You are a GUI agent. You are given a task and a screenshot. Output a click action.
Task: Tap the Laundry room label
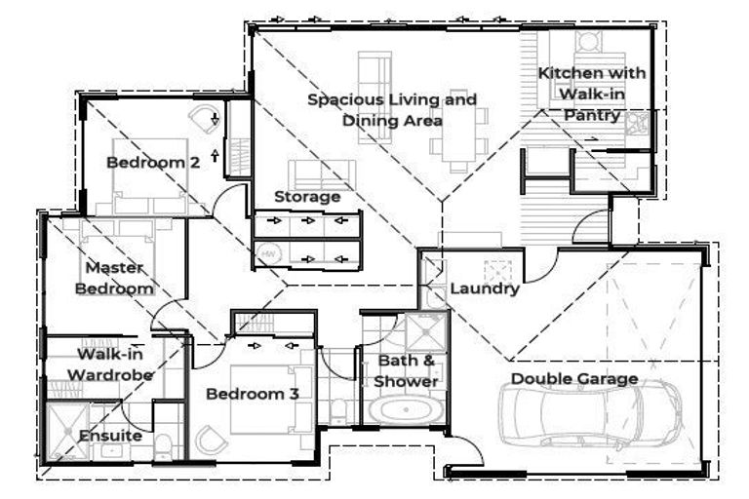(485, 288)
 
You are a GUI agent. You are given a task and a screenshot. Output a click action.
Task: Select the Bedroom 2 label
(153, 163)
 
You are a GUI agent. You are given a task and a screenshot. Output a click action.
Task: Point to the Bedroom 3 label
(252, 394)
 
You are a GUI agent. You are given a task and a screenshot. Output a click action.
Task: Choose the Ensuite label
(110, 436)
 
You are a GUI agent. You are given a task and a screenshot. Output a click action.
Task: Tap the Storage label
(307, 197)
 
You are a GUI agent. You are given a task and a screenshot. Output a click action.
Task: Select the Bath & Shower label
(407, 371)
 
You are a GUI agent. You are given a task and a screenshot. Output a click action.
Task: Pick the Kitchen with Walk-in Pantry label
(592, 95)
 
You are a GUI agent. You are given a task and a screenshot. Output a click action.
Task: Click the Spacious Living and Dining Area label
(392, 110)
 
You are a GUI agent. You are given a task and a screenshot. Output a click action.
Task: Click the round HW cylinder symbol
(267, 256)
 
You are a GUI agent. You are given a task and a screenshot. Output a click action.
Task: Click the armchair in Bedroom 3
(210, 441)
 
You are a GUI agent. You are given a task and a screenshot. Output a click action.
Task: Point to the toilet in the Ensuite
(162, 448)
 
